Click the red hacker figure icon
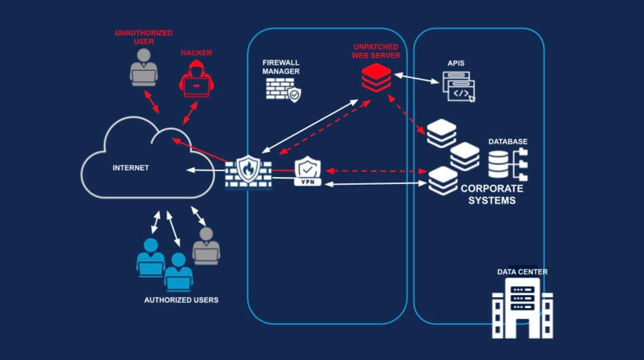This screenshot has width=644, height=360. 194,79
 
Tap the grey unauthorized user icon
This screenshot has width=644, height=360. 144,68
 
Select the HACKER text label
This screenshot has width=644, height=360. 196,53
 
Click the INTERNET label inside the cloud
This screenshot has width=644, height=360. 130,168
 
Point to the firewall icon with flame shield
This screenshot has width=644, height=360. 248,171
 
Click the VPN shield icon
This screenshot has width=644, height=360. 308,172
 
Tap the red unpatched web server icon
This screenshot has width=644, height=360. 376,77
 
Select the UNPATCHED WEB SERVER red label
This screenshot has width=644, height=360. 376,51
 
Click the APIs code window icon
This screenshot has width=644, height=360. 459,87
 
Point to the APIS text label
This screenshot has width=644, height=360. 456,64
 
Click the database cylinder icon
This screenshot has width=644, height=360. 498,164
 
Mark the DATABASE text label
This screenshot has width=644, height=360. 508,141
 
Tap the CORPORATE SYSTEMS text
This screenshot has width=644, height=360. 492,195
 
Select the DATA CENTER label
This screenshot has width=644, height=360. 522,272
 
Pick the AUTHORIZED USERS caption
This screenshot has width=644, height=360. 181,300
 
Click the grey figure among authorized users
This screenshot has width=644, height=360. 206,246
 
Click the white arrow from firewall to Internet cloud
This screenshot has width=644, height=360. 206,170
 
